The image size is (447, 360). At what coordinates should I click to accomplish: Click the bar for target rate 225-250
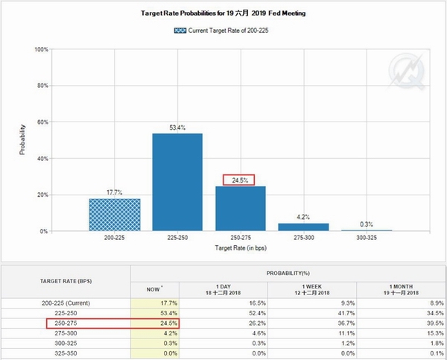[x=177, y=183]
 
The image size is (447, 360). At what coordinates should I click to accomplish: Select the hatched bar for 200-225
[x=114, y=215]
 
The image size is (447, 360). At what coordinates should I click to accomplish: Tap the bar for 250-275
[x=239, y=209]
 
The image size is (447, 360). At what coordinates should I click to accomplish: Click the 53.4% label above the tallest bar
[x=177, y=127]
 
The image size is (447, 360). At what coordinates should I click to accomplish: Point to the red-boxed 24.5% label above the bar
[x=239, y=180]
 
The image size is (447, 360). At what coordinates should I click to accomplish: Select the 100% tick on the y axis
[x=40, y=49]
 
